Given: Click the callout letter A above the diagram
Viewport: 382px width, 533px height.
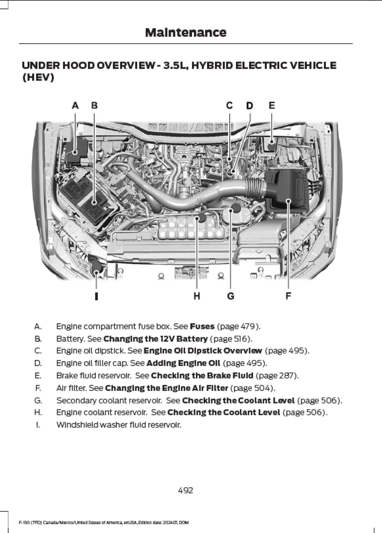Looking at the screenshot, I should [75, 106].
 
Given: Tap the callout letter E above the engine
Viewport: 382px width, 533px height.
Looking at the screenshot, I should [271, 106].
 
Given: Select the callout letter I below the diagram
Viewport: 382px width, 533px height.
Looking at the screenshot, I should [96, 296].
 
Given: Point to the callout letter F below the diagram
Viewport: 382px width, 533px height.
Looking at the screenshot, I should [288, 296].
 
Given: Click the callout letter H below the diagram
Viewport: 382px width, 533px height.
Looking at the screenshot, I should [197, 296].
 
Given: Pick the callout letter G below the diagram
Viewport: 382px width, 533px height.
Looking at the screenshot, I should [231, 296].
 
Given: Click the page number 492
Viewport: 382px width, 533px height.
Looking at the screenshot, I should [186, 490].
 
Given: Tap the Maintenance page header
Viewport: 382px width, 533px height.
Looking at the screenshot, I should [186, 33].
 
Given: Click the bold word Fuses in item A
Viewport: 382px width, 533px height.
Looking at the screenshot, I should [202, 326].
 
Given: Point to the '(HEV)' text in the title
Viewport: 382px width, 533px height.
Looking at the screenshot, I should [38, 78].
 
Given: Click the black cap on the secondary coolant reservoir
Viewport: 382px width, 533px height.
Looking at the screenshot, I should [236, 207].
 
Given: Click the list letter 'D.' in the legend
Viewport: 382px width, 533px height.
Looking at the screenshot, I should [38, 363].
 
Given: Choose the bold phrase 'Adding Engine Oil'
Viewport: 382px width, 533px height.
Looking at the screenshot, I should [183, 363].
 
